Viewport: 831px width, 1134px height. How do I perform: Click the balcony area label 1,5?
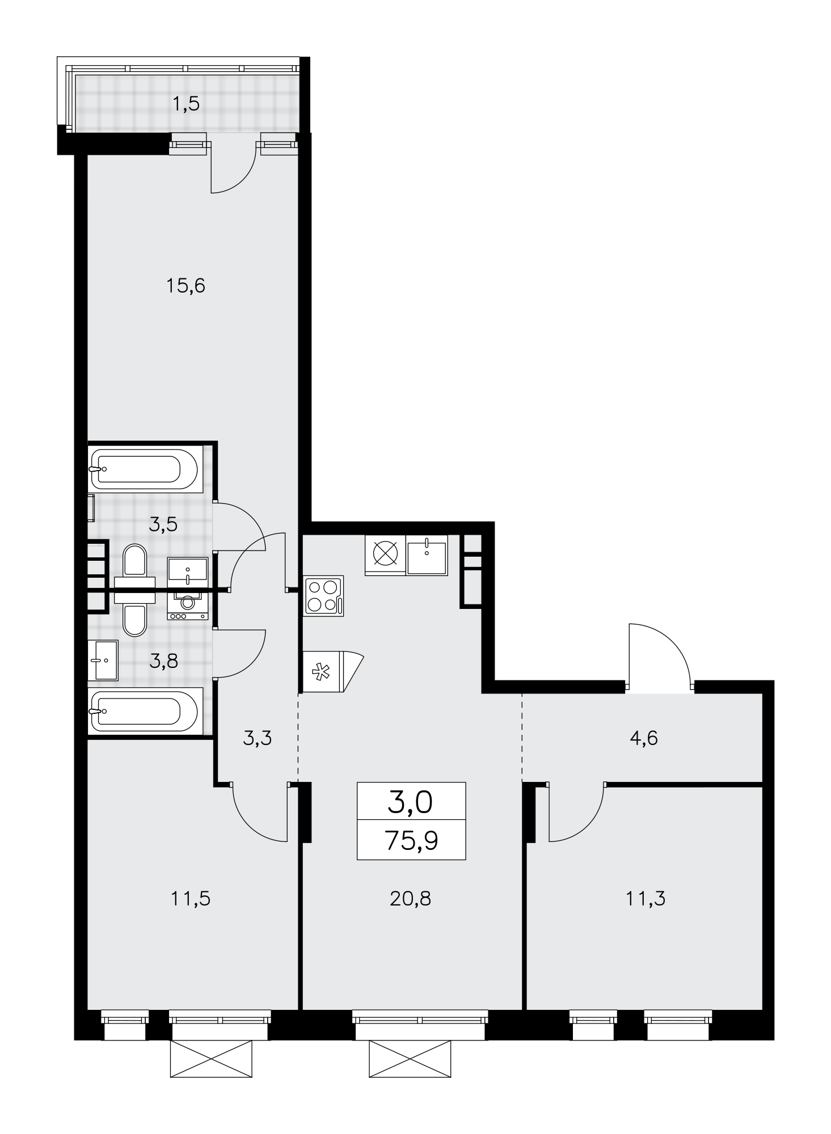(x=186, y=104)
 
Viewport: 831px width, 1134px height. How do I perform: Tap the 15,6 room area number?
(x=185, y=286)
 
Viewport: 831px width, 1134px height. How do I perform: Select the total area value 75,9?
(x=411, y=841)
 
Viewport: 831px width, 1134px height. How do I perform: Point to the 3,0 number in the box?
(x=410, y=802)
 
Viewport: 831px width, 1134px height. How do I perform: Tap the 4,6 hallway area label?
(x=644, y=738)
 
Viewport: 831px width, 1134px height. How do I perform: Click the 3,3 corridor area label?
(x=258, y=738)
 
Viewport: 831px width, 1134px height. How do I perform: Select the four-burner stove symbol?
(x=324, y=596)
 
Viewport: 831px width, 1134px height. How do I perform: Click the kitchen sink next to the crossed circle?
(x=427, y=555)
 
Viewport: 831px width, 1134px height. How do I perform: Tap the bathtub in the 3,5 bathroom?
(x=145, y=469)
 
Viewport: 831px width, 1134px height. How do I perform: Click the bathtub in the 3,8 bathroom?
(x=145, y=711)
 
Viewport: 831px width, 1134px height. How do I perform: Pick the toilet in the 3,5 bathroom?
(x=134, y=567)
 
